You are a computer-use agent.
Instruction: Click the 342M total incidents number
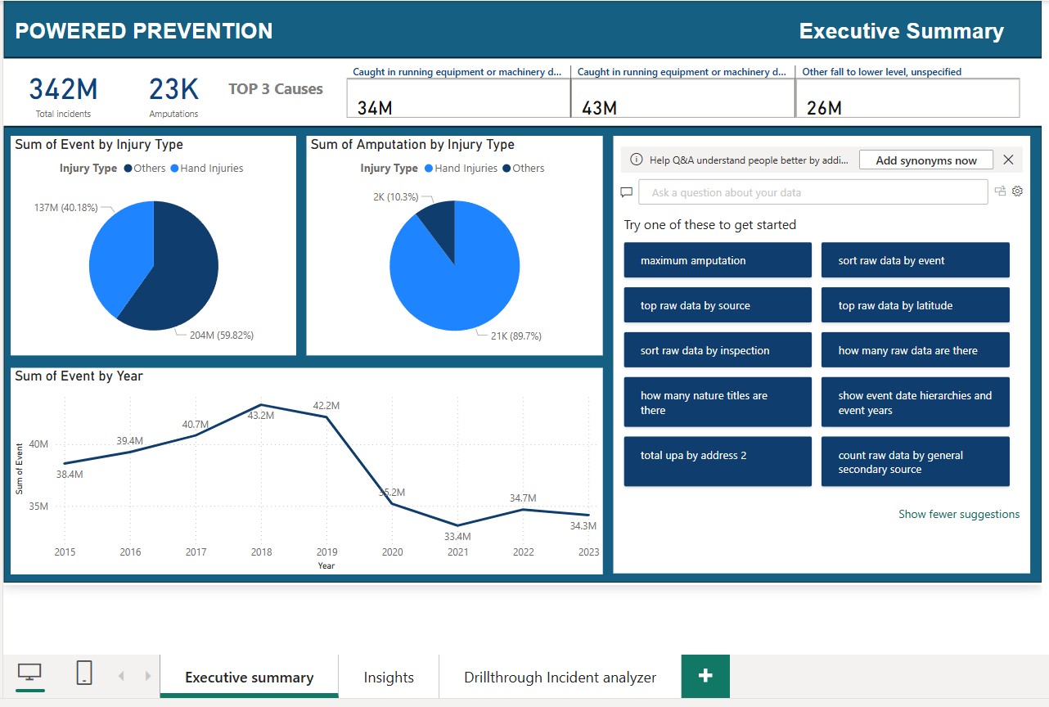click(63, 89)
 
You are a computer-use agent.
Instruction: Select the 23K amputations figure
click(173, 89)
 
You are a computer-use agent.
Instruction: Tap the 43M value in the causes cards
click(599, 108)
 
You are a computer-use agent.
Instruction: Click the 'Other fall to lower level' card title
click(881, 72)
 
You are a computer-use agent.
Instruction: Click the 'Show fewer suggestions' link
click(959, 514)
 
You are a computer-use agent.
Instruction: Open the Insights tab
click(389, 678)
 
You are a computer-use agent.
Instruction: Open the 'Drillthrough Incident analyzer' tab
click(560, 678)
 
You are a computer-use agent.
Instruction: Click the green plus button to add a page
click(705, 676)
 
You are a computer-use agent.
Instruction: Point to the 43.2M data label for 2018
click(261, 416)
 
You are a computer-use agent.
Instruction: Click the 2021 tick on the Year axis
click(457, 552)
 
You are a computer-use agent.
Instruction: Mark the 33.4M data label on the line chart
click(457, 537)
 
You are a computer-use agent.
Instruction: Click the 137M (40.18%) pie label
click(65, 208)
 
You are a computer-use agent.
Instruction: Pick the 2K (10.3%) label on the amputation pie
click(395, 197)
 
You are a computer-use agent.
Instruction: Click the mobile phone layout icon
click(83, 673)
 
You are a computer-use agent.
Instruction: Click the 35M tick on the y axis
click(38, 507)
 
